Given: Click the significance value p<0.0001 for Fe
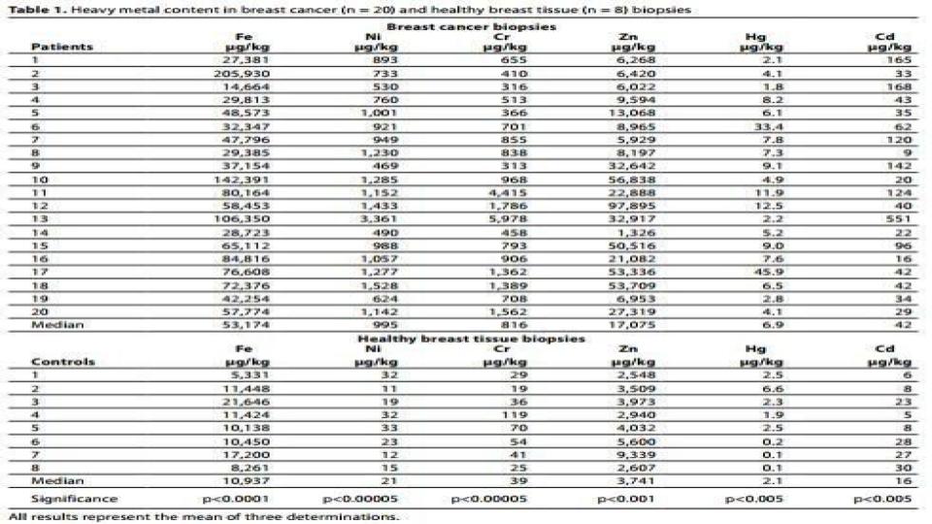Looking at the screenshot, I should coord(233,499).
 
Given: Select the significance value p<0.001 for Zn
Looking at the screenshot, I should coord(617,499).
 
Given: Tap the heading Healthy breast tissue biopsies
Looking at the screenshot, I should coord(472,339).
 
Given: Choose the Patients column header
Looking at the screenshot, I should coord(61,47).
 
